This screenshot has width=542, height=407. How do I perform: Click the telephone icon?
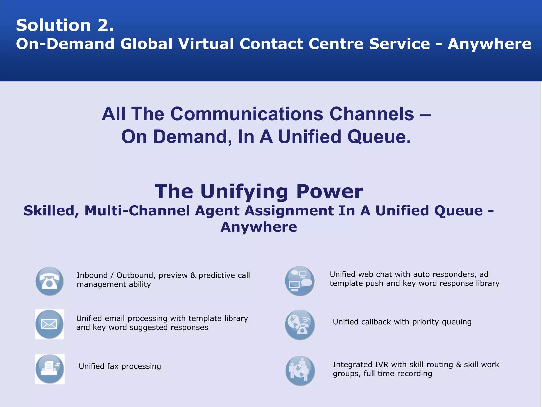(x=49, y=281)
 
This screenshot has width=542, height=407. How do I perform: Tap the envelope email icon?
(x=49, y=324)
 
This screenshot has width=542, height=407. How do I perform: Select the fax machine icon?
(x=50, y=369)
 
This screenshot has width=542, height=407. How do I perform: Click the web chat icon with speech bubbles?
(x=300, y=281)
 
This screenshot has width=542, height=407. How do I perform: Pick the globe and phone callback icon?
(x=300, y=325)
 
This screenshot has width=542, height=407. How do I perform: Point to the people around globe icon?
(x=300, y=370)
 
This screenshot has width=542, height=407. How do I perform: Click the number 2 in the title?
(x=105, y=25)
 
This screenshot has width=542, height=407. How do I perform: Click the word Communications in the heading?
(x=247, y=114)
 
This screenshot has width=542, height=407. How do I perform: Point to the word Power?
(x=329, y=191)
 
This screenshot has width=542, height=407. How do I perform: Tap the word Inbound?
(x=92, y=275)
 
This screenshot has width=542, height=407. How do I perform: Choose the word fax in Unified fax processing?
(x=113, y=366)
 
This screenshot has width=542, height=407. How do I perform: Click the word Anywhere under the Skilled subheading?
(x=259, y=227)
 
